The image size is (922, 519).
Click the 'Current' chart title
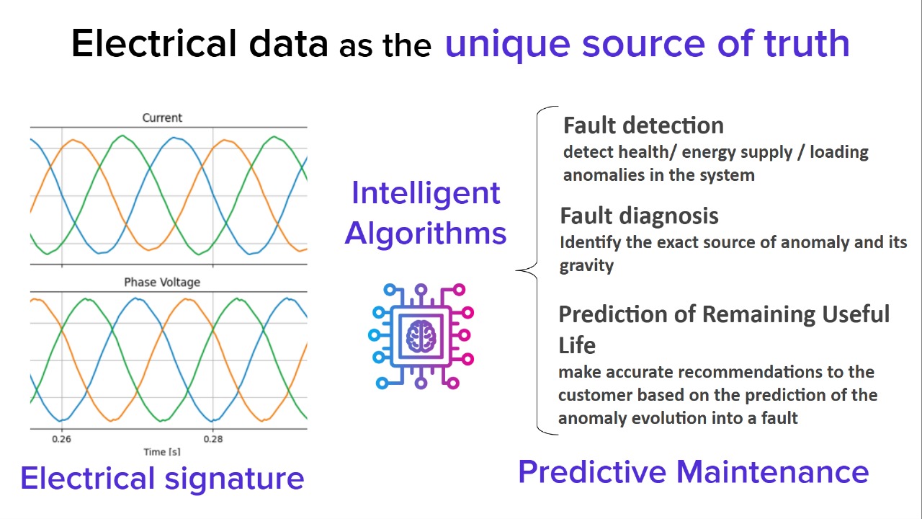(162, 117)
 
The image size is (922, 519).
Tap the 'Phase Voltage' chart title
(162, 282)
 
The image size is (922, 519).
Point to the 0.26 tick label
(61, 439)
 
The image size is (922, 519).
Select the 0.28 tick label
(213, 439)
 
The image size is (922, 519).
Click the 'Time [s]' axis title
(162, 452)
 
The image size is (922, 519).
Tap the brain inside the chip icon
(421, 336)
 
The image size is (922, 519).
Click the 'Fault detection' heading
(643, 125)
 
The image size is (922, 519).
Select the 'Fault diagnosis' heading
(639, 216)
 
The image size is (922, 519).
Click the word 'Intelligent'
(426, 192)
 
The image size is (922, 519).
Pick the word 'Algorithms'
(426, 233)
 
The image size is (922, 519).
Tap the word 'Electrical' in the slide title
(154, 43)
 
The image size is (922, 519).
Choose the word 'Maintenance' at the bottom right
(773, 472)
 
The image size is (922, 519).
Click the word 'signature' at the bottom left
(235, 479)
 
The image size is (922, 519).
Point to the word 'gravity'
(586, 266)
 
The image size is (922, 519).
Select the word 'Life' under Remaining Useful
(577, 345)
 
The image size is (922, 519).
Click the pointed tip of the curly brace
(516, 270)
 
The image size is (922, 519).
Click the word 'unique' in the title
(508, 45)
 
